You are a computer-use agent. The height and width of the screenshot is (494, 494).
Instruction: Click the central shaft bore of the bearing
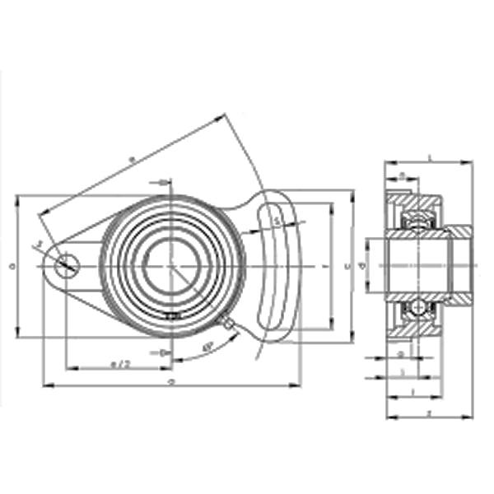pos(171,265)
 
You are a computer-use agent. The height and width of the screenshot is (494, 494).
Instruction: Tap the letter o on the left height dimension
pos(11,265)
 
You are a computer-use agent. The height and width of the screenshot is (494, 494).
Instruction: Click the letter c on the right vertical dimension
pos(347,265)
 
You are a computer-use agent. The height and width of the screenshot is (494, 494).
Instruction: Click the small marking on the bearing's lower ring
pos(171,316)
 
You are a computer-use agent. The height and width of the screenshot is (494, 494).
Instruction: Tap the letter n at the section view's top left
pos(401,175)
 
